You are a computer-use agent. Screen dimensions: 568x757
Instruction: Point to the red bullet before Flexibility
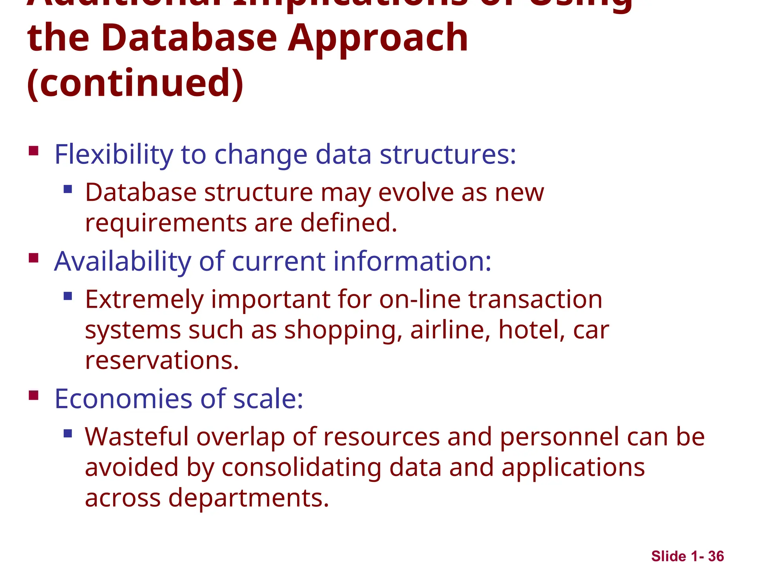[x=34, y=151]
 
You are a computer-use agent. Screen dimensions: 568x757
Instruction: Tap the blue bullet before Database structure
[x=68, y=190]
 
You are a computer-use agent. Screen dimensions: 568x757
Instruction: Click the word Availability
[x=122, y=261]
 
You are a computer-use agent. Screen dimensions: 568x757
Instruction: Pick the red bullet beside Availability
[x=34, y=258]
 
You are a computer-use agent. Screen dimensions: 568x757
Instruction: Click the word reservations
[x=162, y=361]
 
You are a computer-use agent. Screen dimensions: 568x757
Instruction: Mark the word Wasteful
[x=137, y=437]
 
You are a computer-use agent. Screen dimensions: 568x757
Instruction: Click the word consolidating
[x=301, y=467]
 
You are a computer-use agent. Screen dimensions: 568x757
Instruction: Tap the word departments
[x=248, y=498]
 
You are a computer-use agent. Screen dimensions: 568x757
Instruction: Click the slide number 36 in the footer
[x=716, y=556]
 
